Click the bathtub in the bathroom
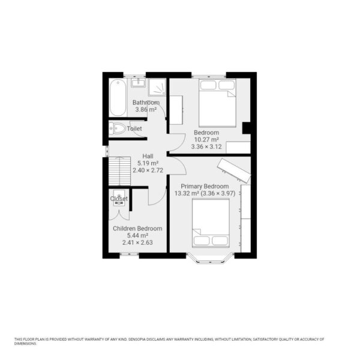click(118, 98)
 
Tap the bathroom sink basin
click(138, 83)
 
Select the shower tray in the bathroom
click(157, 87)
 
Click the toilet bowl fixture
click(117, 128)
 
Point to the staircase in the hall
click(119, 171)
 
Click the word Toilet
click(134, 128)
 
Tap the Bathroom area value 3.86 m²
click(146, 110)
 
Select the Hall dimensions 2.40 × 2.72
click(148, 170)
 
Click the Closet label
click(119, 199)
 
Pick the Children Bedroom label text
click(137, 229)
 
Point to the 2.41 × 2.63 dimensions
click(137, 242)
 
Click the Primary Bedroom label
click(205, 186)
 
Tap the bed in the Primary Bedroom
click(211, 223)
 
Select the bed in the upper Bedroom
click(217, 103)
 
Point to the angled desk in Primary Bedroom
click(234, 171)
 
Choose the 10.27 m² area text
click(206, 140)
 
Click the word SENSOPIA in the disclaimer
click(137, 339)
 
